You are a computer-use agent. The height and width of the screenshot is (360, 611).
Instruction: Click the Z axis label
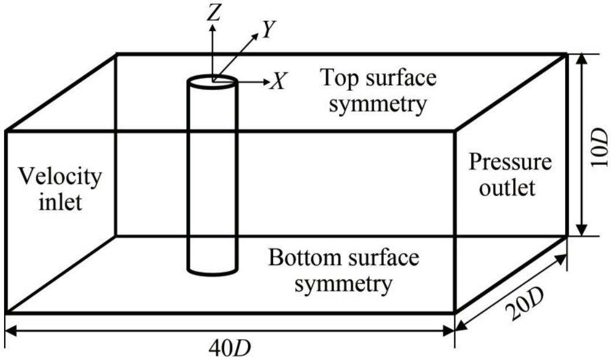coord(215,14)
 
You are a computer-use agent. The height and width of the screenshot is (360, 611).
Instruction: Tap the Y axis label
coord(267,30)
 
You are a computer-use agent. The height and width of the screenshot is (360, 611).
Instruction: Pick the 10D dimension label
coord(600,145)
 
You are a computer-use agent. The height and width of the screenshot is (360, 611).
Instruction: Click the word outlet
coord(510,188)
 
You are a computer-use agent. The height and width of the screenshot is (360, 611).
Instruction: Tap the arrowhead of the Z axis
coord(214,27)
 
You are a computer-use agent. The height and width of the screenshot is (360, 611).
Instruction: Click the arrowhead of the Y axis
coord(256,36)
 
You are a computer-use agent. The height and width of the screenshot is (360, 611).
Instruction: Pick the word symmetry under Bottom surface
coord(342,285)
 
